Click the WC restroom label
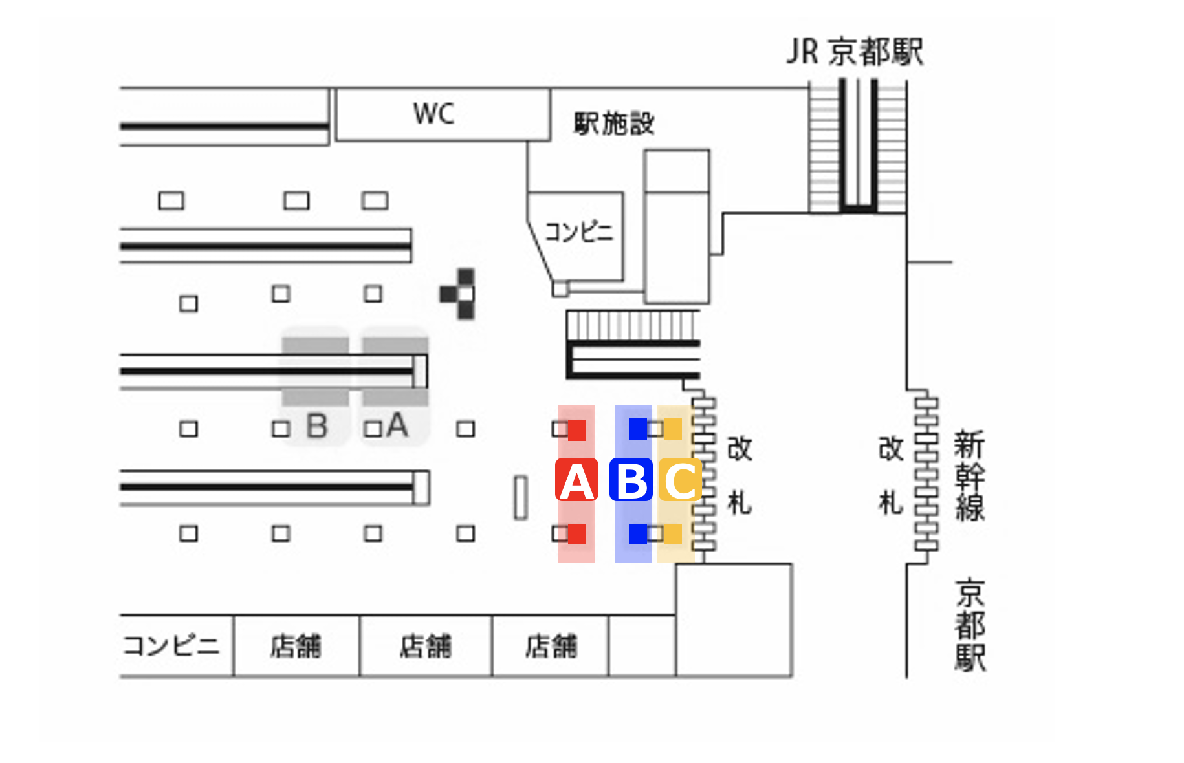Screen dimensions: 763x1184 click(x=433, y=114)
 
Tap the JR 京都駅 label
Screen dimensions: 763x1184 click(x=854, y=52)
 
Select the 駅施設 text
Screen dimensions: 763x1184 click(x=614, y=123)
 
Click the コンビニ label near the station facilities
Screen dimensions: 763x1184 click(x=578, y=231)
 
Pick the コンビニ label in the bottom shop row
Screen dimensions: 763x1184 click(x=171, y=645)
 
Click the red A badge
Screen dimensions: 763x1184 click(x=576, y=480)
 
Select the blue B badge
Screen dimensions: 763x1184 click(x=631, y=480)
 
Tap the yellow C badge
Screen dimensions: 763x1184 click(x=680, y=480)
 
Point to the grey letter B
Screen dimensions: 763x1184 click(x=317, y=427)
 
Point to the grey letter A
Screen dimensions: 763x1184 click(x=397, y=425)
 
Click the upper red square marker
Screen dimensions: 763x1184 click(x=576, y=430)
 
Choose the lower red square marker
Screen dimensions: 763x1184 click(x=576, y=534)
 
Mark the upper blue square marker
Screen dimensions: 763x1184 click(x=638, y=429)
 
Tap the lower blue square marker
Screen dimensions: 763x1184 click(x=638, y=534)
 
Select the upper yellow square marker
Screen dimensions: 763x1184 click(x=673, y=429)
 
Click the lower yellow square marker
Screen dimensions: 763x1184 click(x=673, y=534)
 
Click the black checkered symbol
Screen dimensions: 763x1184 click(x=459, y=294)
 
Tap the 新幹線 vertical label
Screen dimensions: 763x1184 click(x=969, y=475)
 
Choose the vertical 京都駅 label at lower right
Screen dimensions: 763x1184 click(x=970, y=626)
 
